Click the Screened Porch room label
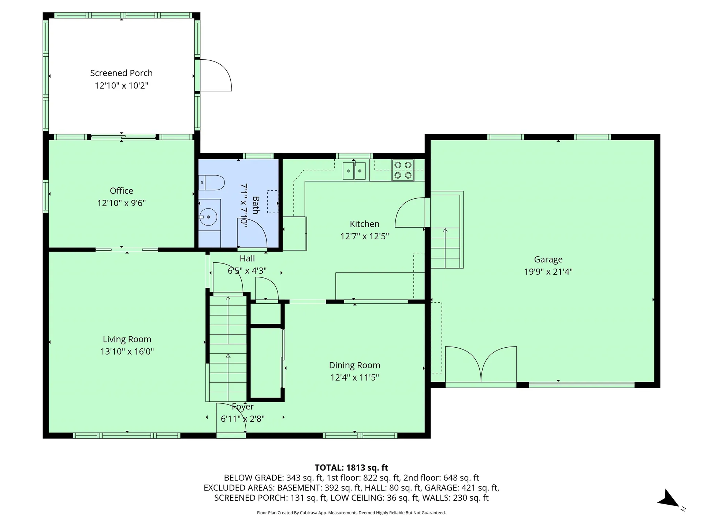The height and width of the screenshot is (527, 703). pos(121,73)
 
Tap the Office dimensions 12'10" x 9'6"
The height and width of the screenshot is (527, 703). pos(121,203)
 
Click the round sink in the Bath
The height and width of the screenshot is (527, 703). pos(208,216)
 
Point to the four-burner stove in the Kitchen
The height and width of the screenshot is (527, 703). pos(403,170)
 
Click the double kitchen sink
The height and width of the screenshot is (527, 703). pos(354,171)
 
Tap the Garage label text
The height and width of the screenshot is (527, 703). pos(548,259)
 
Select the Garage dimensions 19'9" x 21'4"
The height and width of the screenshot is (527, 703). pos(548,272)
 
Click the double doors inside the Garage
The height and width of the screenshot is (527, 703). pos(481,365)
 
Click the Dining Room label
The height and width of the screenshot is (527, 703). pos(354,365)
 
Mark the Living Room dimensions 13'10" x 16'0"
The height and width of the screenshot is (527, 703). pos(127,352)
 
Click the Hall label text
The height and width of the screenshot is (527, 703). pos(247,259)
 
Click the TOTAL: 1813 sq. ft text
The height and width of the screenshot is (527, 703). pos(351,468)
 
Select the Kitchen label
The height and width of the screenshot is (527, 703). pos(364,224)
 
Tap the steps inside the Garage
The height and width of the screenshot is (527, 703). pos(445,247)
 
